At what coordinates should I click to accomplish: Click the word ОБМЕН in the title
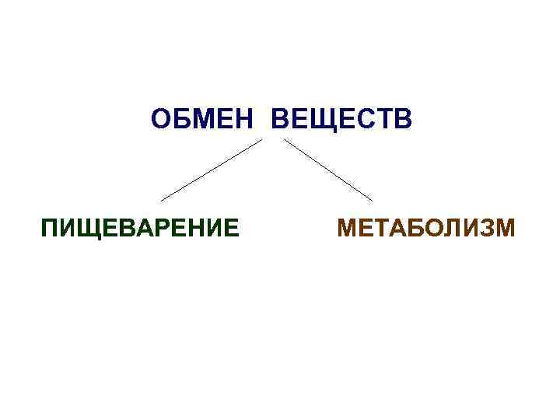coord(206,121)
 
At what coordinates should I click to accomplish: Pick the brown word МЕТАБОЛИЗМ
coord(426,229)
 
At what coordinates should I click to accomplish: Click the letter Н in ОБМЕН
coord(252,121)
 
